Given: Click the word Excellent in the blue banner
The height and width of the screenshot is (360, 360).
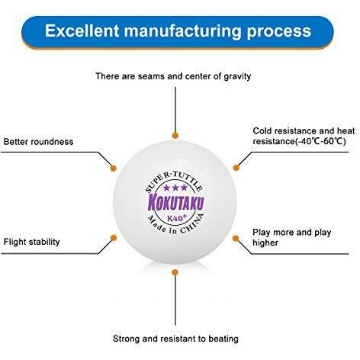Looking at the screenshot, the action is click(82, 31).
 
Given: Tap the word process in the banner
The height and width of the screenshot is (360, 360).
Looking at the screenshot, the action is click(279, 32).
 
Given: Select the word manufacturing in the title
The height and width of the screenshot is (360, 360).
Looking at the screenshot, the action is click(183, 31).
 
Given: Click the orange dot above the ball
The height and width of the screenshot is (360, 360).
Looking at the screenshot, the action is click(175, 135).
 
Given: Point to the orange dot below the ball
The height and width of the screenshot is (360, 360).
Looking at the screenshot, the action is click(175, 272).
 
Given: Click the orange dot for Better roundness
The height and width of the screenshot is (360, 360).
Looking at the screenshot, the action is click(114, 168).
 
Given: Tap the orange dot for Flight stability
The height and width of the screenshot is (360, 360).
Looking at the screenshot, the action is click(114, 238).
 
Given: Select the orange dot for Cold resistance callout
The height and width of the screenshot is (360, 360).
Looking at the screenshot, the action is click(236, 168).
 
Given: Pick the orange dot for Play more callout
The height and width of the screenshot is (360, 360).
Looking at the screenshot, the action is click(236, 238).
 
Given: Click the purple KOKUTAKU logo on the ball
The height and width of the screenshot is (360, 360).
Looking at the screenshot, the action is click(176, 203).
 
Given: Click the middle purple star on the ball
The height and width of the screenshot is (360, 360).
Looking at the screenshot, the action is click(175, 188).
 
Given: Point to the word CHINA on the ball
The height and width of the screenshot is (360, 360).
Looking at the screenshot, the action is click(192, 224).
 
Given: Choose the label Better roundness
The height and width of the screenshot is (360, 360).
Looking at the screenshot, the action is click(38, 142).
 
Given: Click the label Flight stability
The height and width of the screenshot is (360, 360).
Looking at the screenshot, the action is click(31, 242).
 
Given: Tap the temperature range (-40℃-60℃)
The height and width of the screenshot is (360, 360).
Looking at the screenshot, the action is click(320, 141).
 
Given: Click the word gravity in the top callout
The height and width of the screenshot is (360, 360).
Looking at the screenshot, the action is click(237, 76).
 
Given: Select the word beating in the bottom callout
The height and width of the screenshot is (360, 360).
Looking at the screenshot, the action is click(223, 339).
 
